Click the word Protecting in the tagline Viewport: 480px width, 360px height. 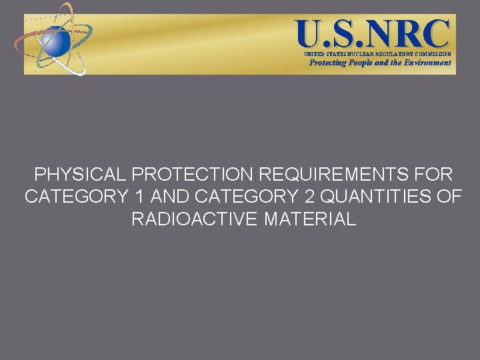[x=328, y=63]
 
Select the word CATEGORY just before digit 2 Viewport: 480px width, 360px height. [x=250, y=197]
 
